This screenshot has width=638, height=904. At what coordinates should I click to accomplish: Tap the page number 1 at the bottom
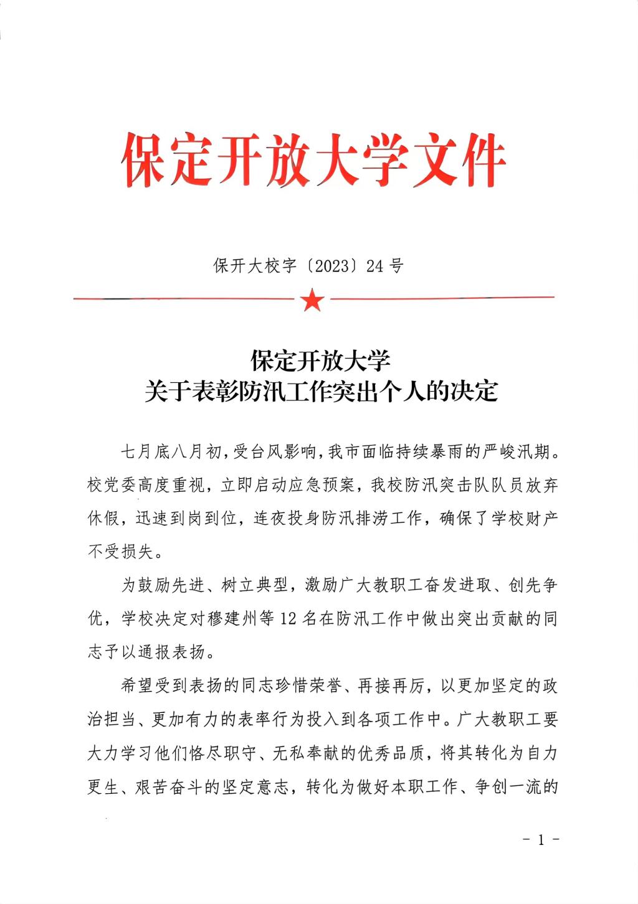click(x=541, y=840)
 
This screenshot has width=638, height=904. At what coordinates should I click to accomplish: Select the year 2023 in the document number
click(x=331, y=266)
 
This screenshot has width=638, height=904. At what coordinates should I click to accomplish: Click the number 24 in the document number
click(x=374, y=266)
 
